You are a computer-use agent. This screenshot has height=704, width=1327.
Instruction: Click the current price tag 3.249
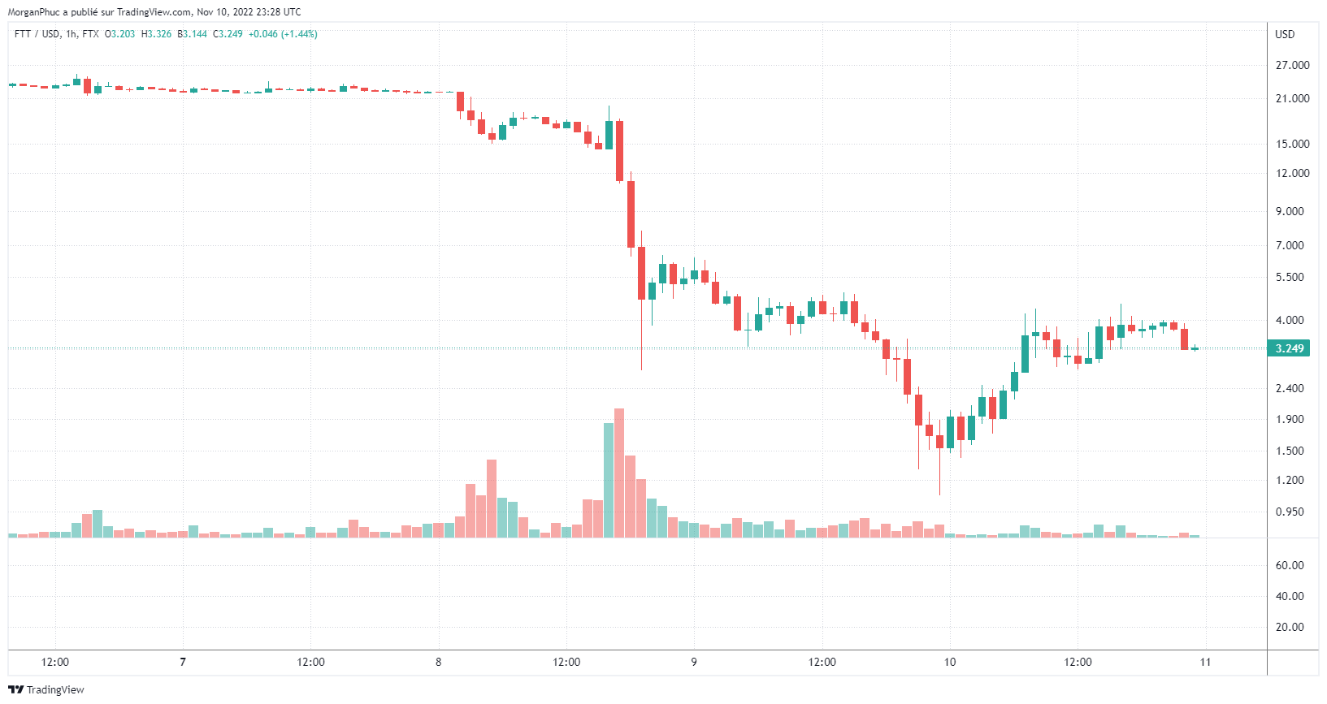pyautogui.click(x=1289, y=348)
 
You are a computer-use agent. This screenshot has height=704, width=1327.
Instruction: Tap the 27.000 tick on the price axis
pyautogui.click(x=1292, y=65)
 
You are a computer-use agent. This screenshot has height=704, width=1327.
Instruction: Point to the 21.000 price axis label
pyautogui.click(x=1292, y=98)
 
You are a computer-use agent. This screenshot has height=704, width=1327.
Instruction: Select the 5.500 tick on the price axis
pyautogui.click(x=1290, y=277)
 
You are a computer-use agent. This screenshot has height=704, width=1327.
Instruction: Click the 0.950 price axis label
pyautogui.click(x=1290, y=512)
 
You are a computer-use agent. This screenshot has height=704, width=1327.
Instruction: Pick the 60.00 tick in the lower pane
pyautogui.click(x=1290, y=565)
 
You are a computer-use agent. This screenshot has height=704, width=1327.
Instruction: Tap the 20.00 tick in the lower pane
pyautogui.click(x=1290, y=627)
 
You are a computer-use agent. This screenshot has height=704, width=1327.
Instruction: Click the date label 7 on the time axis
pyautogui.click(x=183, y=662)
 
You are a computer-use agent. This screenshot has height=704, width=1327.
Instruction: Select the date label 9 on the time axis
pyautogui.click(x=694, y=662)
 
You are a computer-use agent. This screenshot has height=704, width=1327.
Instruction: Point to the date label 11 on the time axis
pyautogui.click(x=1205, y=662)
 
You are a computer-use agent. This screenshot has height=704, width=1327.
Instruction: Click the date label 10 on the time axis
pyautogui.click(x=950, y=662)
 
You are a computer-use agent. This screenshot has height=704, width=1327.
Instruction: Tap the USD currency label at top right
pyautogui.click(x=1285, y=34)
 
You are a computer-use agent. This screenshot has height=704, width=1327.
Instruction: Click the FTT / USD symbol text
pyautogui.click(x=37, y=34)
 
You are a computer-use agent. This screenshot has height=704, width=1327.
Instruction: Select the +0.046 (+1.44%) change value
pyautogui.click(x=283, y=34)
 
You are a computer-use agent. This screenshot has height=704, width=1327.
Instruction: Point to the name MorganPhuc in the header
pyautogui.click(x=33, y=12)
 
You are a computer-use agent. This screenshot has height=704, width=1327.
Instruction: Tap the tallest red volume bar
pyautogui.click(x=619, y=473)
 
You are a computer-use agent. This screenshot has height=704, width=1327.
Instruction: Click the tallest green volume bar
pyautogui.click(x=609, y=480)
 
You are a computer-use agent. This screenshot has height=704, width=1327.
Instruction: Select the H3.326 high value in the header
pyautogui.click(x=157, y=34)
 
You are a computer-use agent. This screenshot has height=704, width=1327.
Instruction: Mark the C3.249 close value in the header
pyautogui.click(x=228, y=34)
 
